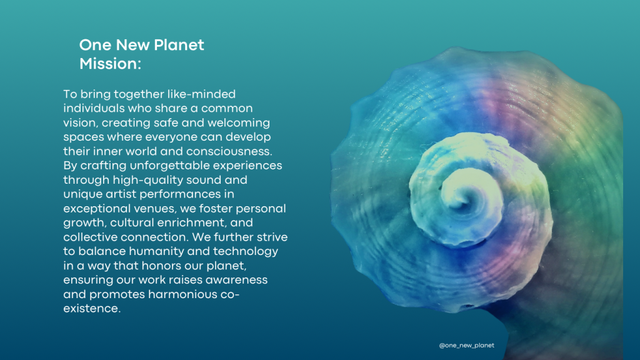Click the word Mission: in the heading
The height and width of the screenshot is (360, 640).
point(110,64)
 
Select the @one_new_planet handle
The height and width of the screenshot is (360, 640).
point(466,345)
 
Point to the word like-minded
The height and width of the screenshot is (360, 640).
point(201,94)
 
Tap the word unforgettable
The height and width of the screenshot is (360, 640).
point(169,165)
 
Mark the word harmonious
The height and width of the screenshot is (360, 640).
point(182,294)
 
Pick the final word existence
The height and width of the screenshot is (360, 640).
point(92,309)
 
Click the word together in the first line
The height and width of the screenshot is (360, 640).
point(139,94)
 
